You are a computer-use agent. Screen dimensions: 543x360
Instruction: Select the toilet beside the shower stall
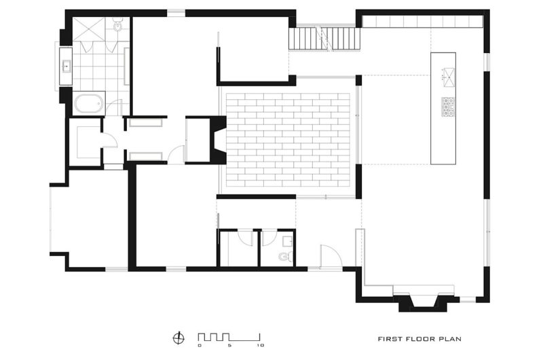[117, 25]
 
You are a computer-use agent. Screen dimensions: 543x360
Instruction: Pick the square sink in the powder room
[287, 240]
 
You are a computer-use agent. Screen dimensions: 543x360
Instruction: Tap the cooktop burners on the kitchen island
[448, 107]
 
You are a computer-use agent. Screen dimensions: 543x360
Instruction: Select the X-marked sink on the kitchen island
[449, 77]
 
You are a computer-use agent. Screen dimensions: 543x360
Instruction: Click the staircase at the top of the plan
[324, 39]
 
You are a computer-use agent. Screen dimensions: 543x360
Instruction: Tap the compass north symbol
[179, 338]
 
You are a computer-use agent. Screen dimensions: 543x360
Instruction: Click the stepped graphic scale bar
[229, 337]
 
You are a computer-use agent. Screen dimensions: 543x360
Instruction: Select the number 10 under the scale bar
[261, 346]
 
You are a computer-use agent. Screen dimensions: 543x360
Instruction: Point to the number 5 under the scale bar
[229, 346]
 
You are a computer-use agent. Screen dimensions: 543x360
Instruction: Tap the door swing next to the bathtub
[114, 107]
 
